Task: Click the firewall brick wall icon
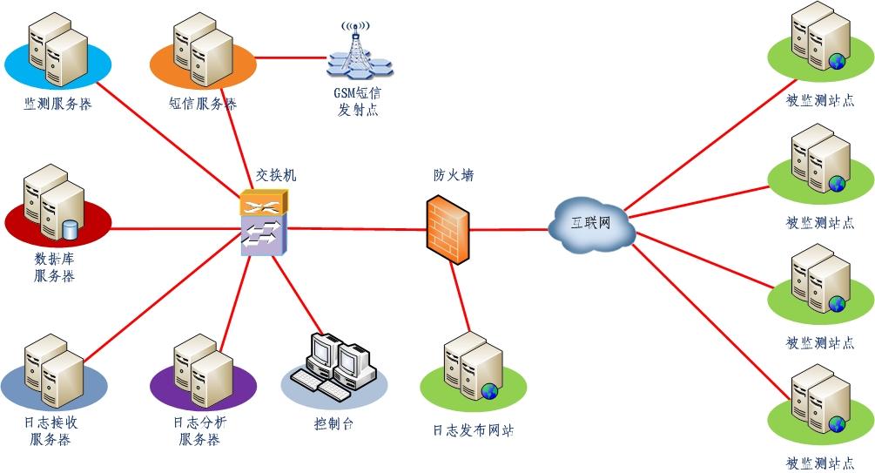448,228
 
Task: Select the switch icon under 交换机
263,223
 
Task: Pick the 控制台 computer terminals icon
335,366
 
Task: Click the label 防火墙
454,175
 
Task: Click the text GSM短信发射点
358,101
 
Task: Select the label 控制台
333,424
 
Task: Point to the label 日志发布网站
473,430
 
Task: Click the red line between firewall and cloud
509,230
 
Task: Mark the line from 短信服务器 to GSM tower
287,57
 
